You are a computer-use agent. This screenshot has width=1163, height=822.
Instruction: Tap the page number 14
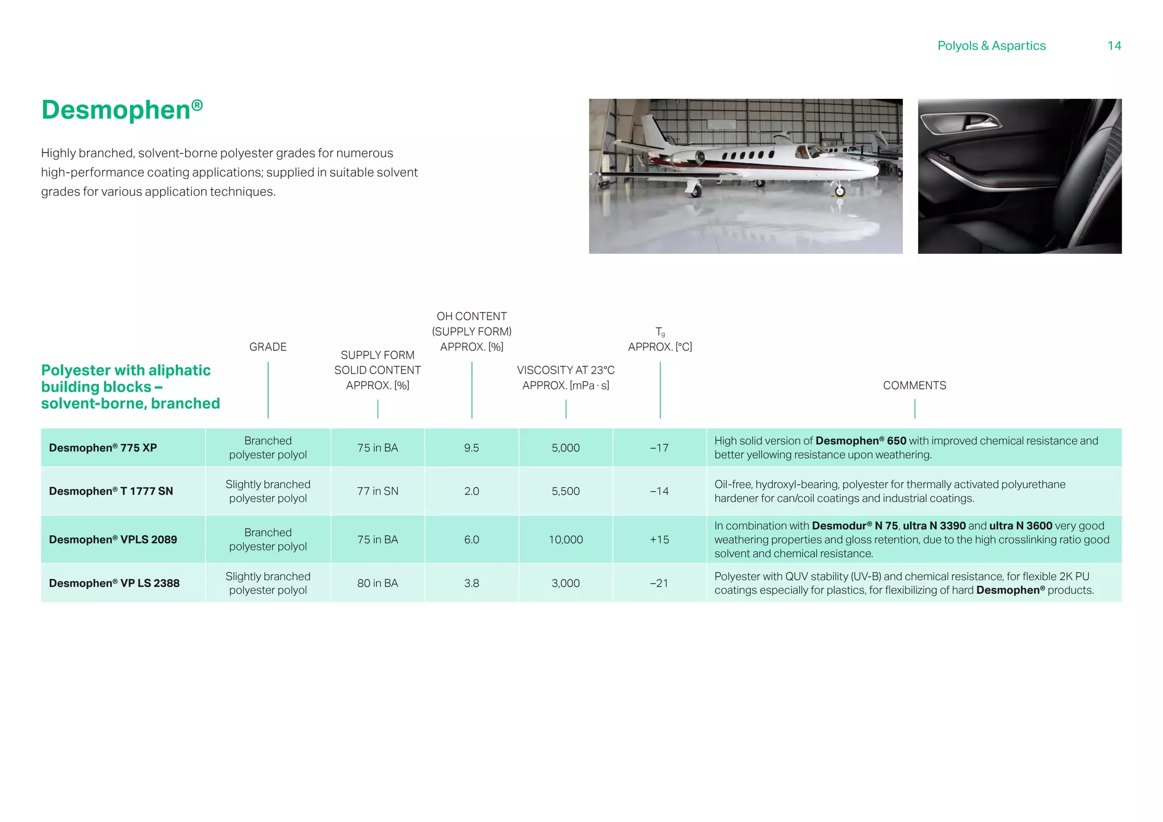(x=1114, y=46)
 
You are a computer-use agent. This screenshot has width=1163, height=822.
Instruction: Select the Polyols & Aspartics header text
(x=991, y=46)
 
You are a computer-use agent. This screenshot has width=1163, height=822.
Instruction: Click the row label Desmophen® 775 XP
(x=103, y=448)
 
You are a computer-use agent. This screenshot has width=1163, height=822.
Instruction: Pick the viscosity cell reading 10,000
(x=566, y=540)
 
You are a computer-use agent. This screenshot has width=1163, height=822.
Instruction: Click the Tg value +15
(x=659, y=540)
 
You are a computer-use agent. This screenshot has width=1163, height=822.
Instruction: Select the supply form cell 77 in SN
(x=378, y=492)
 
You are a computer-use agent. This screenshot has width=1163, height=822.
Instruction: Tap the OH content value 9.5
(x=471, y=448)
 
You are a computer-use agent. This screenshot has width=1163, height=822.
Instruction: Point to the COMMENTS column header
(x=914, y=385)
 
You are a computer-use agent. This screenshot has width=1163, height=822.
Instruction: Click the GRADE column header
(x=268, y=347)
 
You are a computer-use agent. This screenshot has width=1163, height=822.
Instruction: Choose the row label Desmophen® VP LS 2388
(x=114, y=584)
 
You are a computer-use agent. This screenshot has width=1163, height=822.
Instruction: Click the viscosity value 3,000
(x=566, y=584)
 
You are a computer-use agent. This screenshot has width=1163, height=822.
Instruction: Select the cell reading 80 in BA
(x=378, y=584)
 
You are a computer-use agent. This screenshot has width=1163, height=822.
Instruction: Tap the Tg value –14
(x=659, y=492)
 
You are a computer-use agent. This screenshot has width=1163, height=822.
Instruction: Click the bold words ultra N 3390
(x=934, y=526)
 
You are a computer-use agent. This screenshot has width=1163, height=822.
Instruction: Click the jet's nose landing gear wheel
(x=840, y=191)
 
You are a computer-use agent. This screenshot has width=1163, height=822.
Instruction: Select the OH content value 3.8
(x=471, y=584)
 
